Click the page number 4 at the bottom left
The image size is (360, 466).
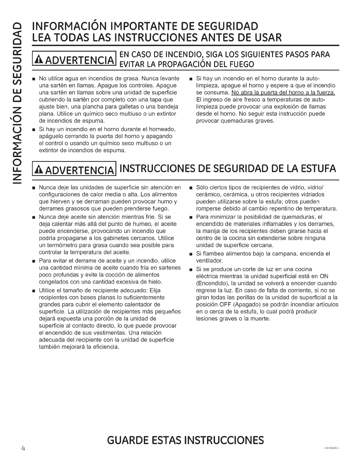tap(14, 440)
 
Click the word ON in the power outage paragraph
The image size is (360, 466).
tap(324, 276)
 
